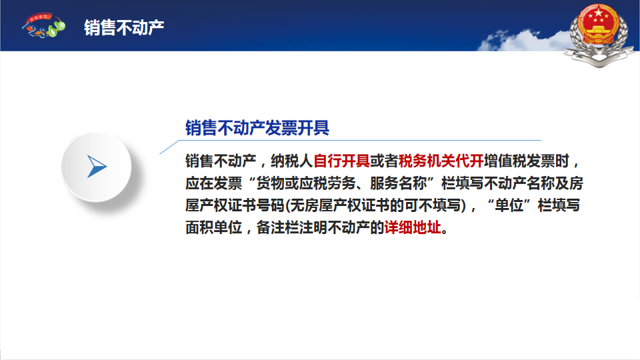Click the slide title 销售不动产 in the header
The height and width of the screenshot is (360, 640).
[124, 28]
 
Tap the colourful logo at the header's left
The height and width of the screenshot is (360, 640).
[44, 25]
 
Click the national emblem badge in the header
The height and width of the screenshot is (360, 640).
[598, 35]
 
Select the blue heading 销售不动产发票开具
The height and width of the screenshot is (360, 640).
[257, 128]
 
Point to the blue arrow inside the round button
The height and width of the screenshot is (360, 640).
[96, 167]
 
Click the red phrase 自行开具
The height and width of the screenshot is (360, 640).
[341, 161]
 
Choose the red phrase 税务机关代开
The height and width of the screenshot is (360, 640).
[441, 161]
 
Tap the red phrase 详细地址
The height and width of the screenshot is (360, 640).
[413, 227]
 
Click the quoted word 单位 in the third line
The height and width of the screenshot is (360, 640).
[509, 205]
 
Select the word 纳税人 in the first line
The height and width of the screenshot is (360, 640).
[292, 161]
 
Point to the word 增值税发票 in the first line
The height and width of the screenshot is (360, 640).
[519, 161]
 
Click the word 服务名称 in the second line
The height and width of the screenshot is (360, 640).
[399, 183]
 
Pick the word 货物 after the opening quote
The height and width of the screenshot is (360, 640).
[271, 183]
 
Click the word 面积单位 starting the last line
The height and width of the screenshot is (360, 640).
[214, 227]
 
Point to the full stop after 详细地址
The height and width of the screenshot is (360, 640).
[445, 231]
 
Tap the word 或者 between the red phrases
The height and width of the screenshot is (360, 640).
[384, 161]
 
